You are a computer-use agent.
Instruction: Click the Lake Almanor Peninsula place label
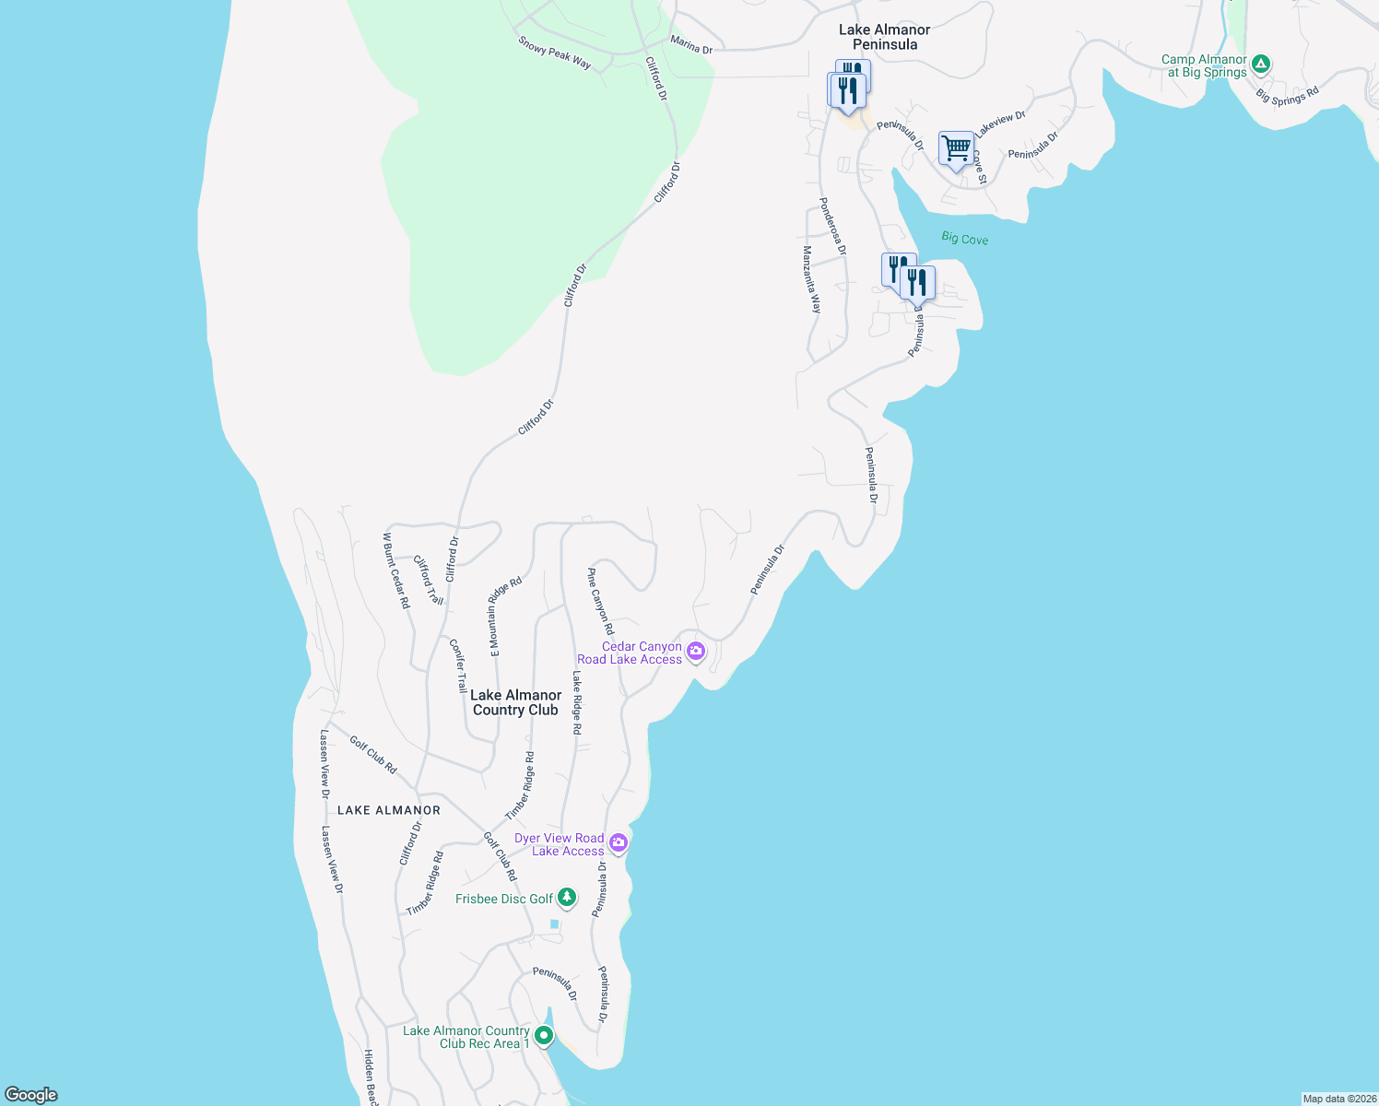(884, 37)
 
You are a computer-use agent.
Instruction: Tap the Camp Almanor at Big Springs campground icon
(1261, 65)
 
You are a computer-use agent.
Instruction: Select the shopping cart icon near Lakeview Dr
(956, 148)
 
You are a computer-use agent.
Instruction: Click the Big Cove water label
(964, 239)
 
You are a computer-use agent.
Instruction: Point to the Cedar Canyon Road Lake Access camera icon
(696, 652)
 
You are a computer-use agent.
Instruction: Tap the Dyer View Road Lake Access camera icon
(619, 842)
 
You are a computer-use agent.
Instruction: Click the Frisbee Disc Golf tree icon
(567, 897)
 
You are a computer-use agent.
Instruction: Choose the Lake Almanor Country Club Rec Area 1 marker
(544, 1036)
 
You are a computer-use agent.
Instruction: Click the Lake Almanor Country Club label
(515, 702)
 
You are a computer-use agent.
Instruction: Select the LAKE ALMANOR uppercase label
(389, 810)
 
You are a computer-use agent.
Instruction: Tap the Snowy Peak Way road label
(554, 53)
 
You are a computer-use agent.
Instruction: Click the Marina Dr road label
(691, 44)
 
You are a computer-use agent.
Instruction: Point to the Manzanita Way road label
(811, 279)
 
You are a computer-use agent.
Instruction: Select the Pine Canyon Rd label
(600, 601)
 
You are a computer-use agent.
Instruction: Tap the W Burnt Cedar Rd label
(396, 570)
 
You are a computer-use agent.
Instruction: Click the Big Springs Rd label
(1288, 95)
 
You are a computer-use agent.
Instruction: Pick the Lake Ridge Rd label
(577, 701)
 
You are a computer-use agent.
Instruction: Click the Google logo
(31, 1095)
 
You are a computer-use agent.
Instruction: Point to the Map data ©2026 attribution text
(1338, 1099)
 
